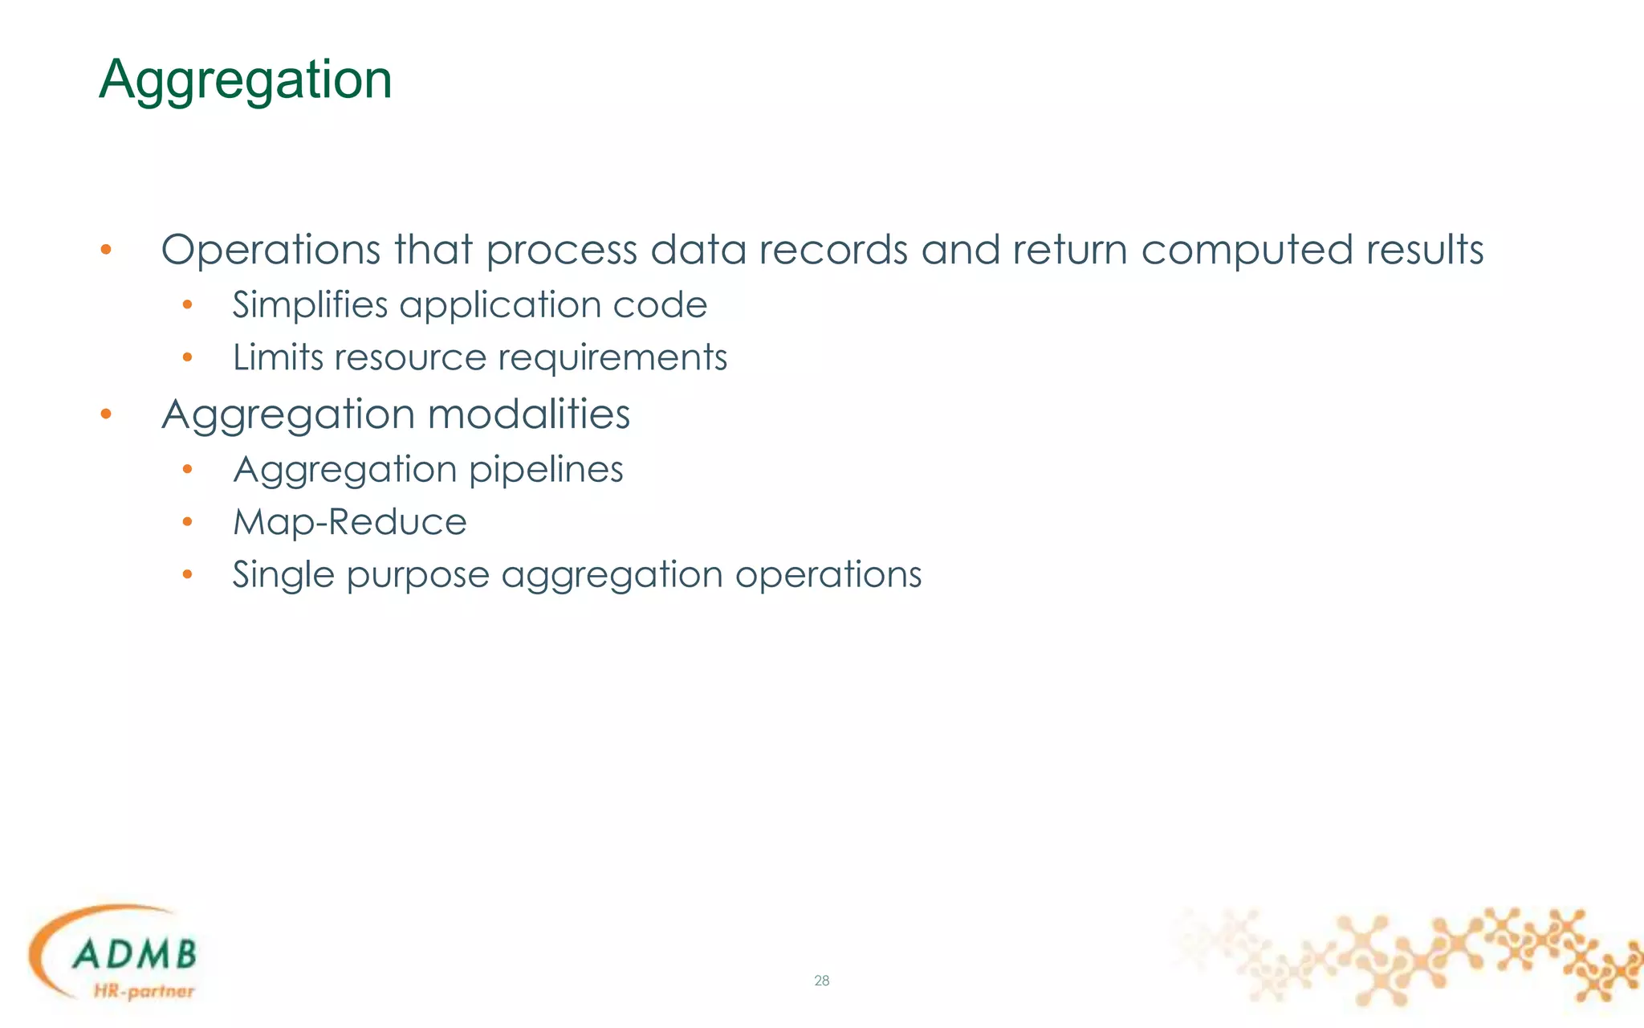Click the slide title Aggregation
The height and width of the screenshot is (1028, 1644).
pyautogui.click(x=246, y=80)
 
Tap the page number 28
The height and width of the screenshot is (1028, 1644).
pyautogui.click(x=821, y=981)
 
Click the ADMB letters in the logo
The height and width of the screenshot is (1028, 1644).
pyautogui.click(x=134, y=955)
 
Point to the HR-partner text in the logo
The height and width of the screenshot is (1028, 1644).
pyautogui.click(x=144, y=991)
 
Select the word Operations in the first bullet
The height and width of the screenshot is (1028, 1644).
pyautogui.click(x=271, y=250)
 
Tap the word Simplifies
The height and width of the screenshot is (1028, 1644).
pyautogui.click(x=310, y=305)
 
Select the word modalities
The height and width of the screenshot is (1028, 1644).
pyautogui.click(x=528, y=414)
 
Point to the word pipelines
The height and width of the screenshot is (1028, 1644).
pyautogui.click(x=546, y=471)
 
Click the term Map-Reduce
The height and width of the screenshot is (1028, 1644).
pyautogui.click(x=349, y=523)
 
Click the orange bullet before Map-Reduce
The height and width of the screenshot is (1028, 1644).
pyautogui.click(x=187, y=523)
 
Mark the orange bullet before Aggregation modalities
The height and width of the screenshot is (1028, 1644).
pyautogui.click(x=106, y=414)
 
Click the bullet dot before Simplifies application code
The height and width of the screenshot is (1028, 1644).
pyautogui.click(x=187, y=305)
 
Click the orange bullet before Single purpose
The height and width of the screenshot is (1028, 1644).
pyautogui.click(x=187, y=575)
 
